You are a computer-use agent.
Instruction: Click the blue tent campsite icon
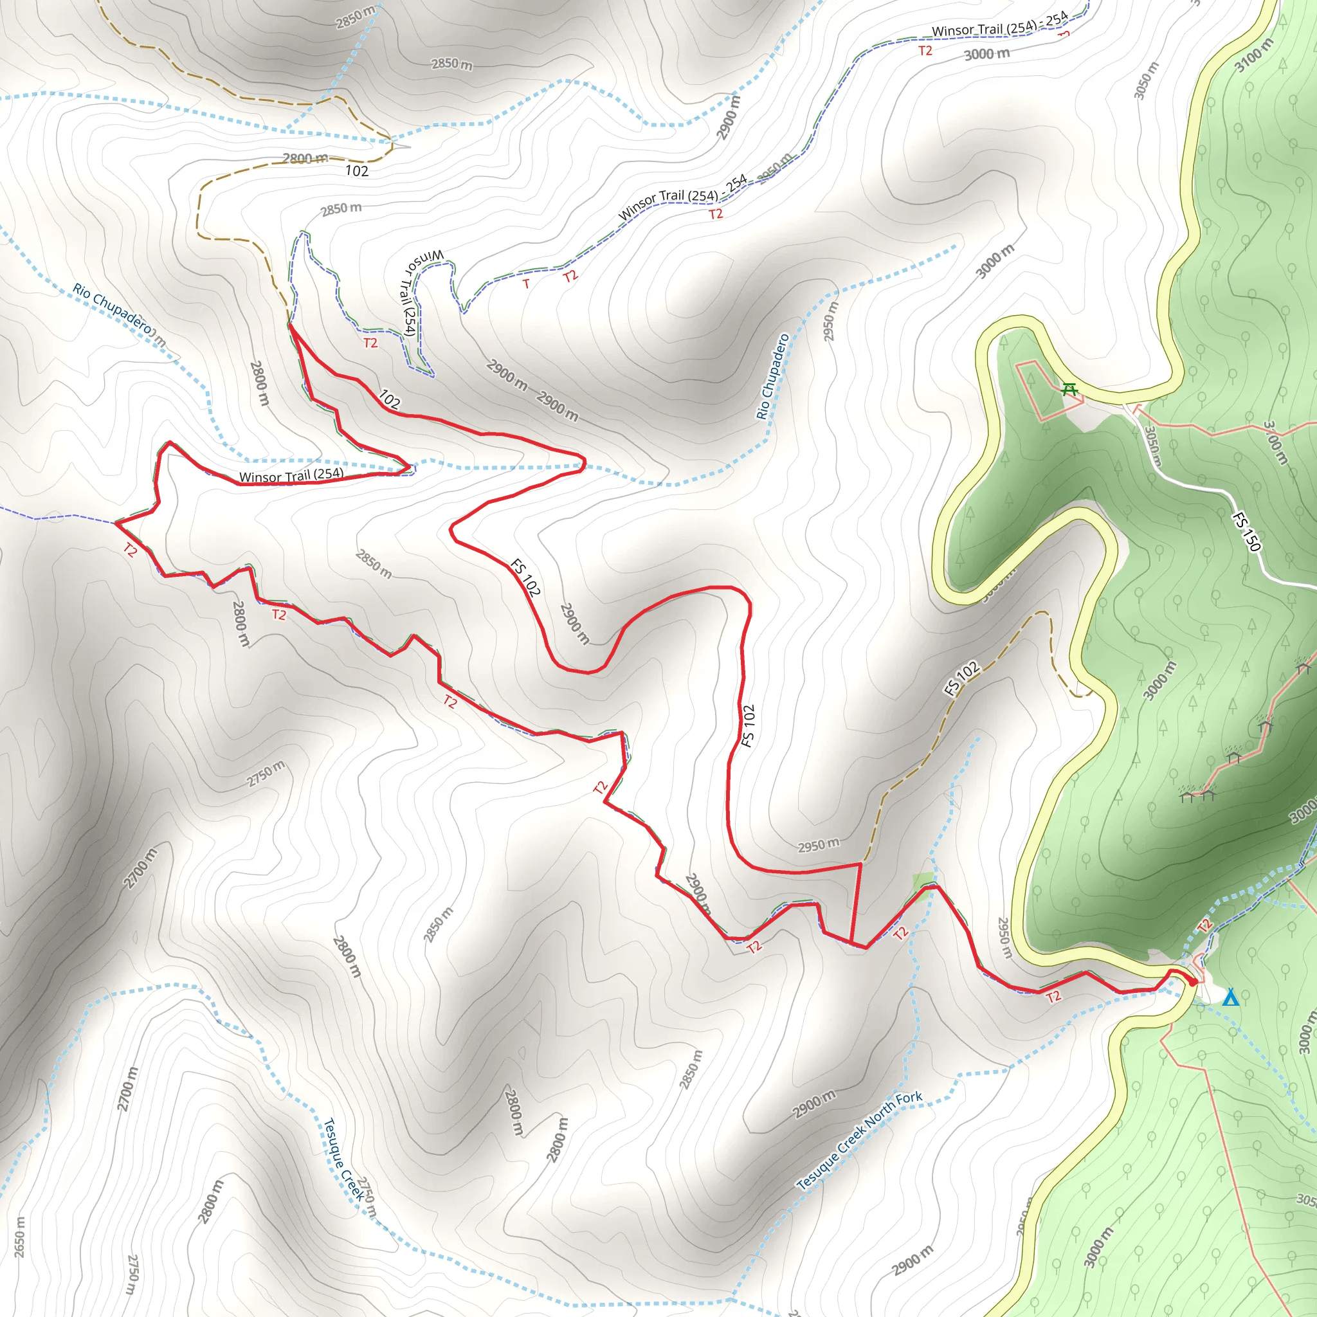coord(1230,998)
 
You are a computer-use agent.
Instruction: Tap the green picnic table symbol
coord(1069,389)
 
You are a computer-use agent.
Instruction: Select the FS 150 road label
coord(1247,531)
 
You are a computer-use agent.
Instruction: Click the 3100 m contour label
coord(1253,55)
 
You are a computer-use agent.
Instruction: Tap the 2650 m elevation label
coord(20,1237)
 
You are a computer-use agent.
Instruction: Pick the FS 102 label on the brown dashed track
coord(962,678)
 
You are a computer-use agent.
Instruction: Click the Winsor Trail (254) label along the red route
coord(291,475)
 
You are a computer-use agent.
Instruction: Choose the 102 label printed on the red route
coord(389,399)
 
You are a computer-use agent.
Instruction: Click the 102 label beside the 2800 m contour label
coord(356,170)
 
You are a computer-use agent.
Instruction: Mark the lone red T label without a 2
coord(525,284)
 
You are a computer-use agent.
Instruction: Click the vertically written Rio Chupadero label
coord(772,376)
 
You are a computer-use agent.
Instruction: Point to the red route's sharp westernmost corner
coord(116,523)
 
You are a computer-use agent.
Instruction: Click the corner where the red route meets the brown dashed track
coord(860,864)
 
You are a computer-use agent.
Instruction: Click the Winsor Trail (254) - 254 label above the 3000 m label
coord(999,25)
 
